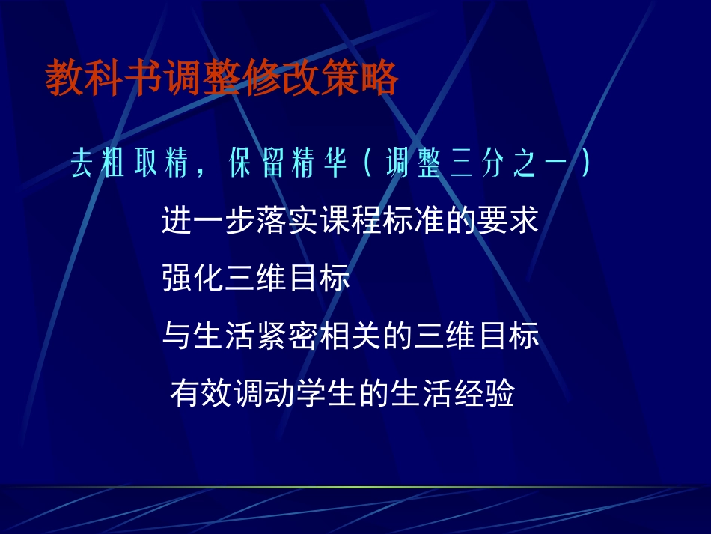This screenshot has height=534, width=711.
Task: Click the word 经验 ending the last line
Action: [x=484, y=393]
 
